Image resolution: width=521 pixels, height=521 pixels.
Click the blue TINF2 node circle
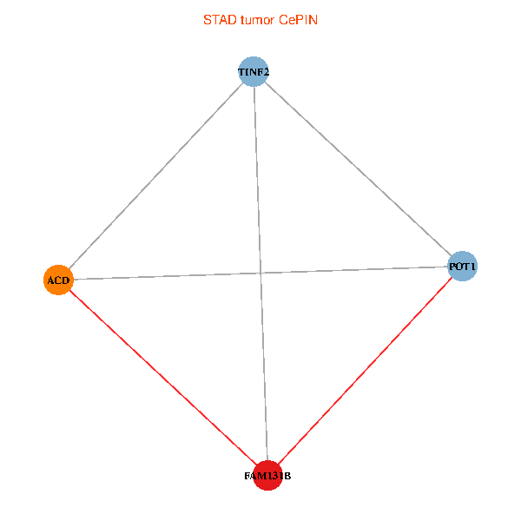tap(253, 71)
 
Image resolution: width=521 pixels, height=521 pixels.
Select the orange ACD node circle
tap(58, 280)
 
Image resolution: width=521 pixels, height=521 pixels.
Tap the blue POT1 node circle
tap(462, 266)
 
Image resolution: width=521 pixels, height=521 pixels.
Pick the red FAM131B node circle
tap(267, 475)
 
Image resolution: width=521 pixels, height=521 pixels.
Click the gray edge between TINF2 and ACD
tap(156, 175)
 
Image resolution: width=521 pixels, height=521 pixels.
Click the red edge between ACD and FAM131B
tap(162, 377)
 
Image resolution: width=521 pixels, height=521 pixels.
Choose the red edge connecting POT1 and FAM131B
tap(365, 371)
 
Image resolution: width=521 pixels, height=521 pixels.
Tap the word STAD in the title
tap(217, 19)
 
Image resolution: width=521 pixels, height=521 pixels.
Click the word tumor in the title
tap(255, 19)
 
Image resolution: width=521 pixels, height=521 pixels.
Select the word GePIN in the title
tap(298, 19)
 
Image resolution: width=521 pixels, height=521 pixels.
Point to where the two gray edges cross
tap(260, 273)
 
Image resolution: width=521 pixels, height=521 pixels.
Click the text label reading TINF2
tap(253, 71)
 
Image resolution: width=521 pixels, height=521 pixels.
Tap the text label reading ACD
tap(58, 280)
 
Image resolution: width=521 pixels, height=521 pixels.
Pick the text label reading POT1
tap(462, 266)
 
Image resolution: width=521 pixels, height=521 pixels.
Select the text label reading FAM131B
tap(267, 476)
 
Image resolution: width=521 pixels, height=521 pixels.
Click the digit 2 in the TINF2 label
tap(266, 71)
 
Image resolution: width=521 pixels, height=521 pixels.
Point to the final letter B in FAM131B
tap(287, 476)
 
